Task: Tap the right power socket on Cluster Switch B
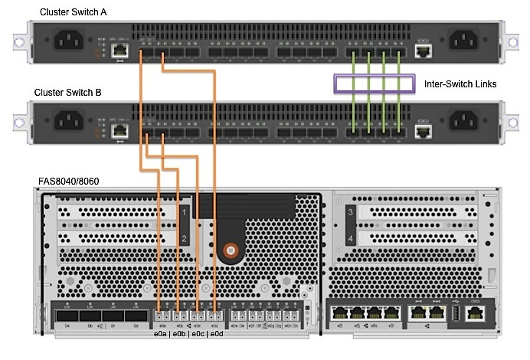tap(466, 121)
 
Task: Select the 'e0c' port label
tap(198, 335)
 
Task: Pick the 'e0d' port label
tap(217, 335)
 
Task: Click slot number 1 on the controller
tap(184, 211)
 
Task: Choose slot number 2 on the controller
tap(184, 240)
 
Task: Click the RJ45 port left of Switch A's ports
tap(119, 50)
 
